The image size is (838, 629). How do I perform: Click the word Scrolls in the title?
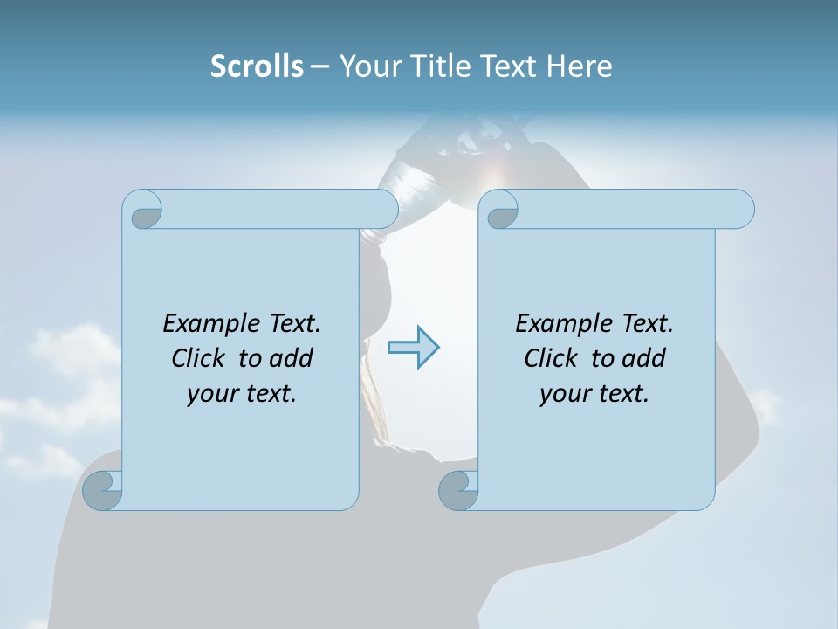(x=257, y=66)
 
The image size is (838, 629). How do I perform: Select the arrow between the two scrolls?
(x=413, y=348)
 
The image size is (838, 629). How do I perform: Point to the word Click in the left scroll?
(x=199, y=358)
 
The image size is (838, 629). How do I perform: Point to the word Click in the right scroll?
(x=552, y=358)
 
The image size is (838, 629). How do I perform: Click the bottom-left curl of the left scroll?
(x=103, y=490)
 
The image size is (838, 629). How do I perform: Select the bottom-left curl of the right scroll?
(x=459, y=490)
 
